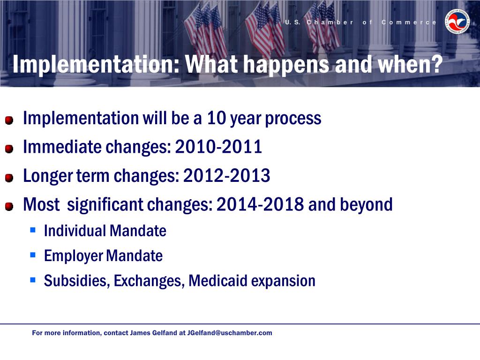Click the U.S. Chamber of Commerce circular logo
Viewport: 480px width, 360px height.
[457, 21]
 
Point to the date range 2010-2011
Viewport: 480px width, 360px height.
[218, 147]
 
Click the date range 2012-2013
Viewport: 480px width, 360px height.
[226, 175]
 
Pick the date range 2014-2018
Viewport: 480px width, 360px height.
[260, 204]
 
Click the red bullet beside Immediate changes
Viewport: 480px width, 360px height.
[9, 149]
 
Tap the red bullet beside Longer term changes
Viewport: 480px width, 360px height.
[9, 178]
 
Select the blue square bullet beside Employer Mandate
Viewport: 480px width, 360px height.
[33, 255]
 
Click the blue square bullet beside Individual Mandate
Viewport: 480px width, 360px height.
[33, 230]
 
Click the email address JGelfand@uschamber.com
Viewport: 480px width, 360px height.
[230, 333]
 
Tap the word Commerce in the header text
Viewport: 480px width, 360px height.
[409, 22]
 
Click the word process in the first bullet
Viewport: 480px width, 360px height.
[293, 119]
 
